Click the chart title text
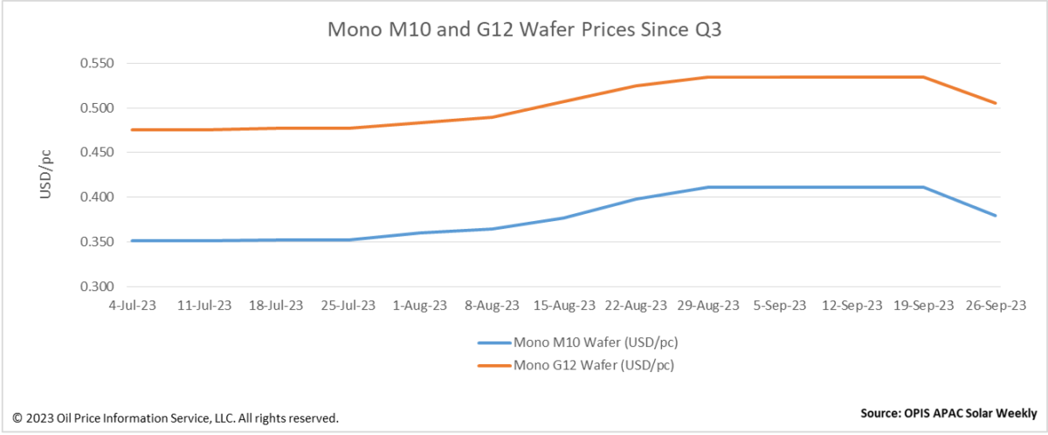point(524,29)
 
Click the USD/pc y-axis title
point(46,175)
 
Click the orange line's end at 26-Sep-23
point(996,103)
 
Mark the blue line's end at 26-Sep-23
point(996,216)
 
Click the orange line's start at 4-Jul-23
point(131,129)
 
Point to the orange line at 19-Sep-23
point(923,77)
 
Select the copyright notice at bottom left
point(175,418)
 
